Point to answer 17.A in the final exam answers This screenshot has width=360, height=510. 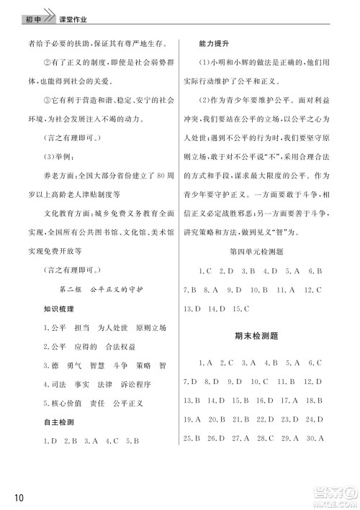(x=290, y=400)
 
